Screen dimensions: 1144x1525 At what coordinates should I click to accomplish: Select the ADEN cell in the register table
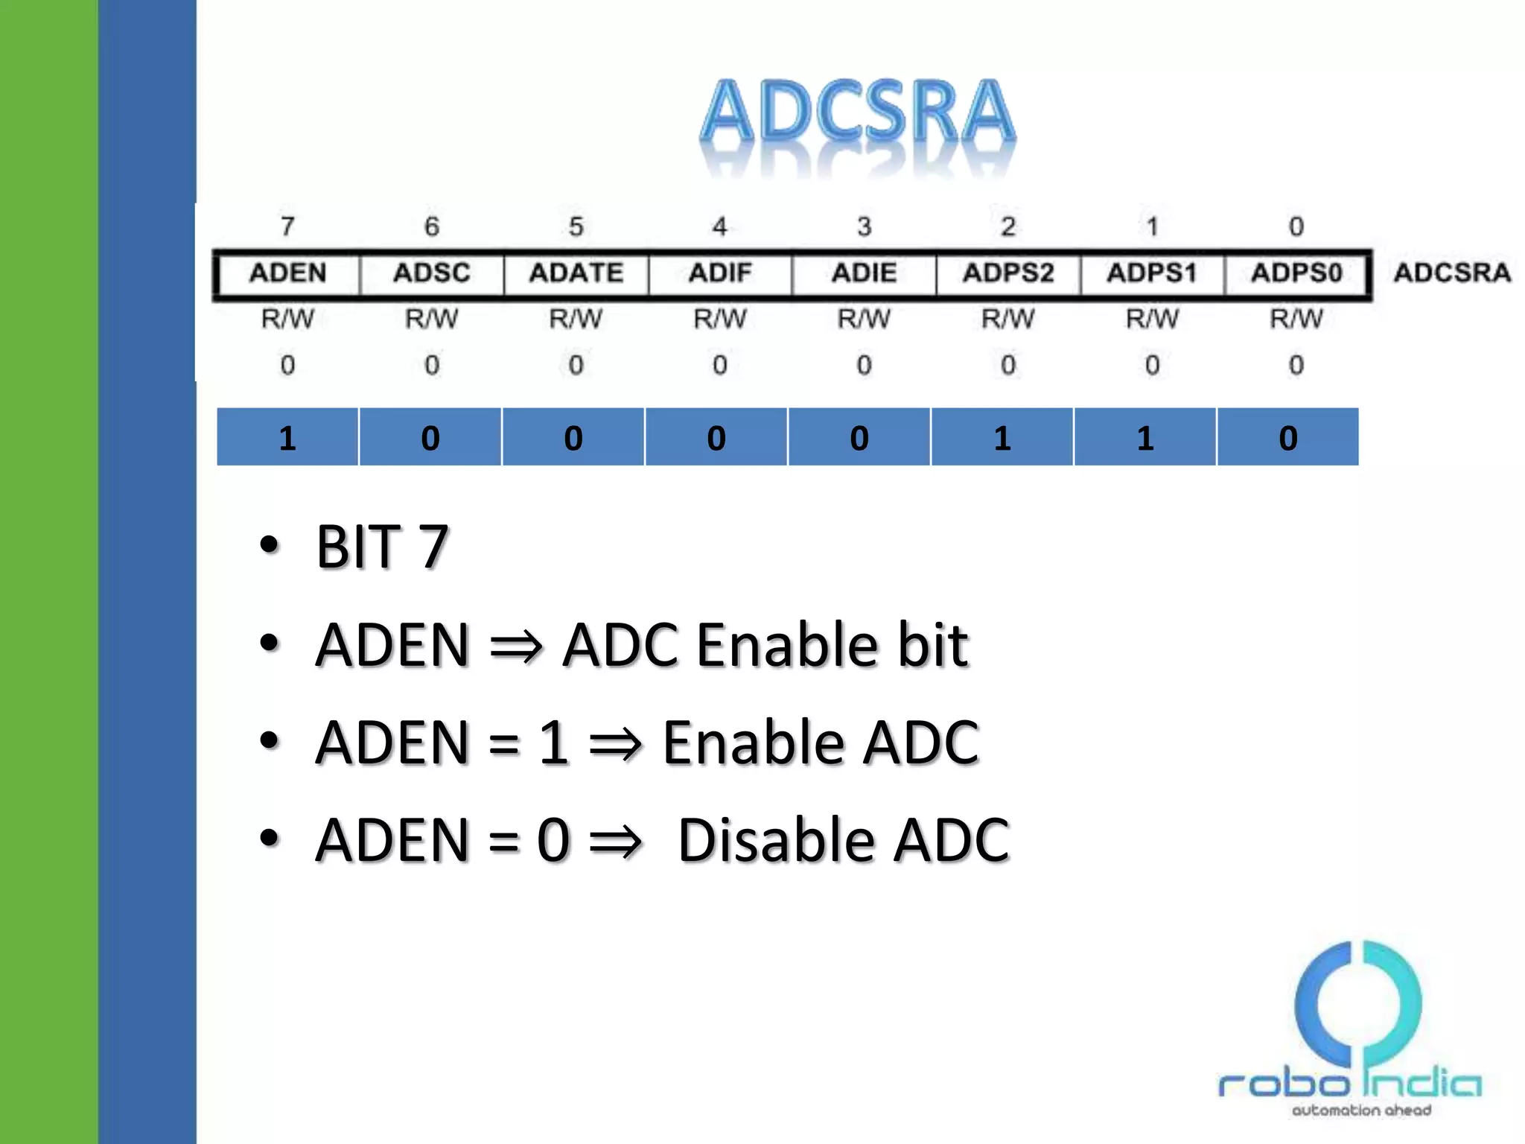tap(287, 273)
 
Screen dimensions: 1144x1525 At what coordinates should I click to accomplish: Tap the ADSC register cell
tap(432, 273)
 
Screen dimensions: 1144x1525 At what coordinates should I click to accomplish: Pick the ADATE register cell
tap(576, 273)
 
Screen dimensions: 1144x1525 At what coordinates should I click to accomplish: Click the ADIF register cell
tap(719, 273)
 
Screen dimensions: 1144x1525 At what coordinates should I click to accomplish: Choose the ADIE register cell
tap(864, 273)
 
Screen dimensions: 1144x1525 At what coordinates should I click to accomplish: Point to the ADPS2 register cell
tap(1007, 273)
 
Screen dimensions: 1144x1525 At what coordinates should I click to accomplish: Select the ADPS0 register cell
tap(1296, 273)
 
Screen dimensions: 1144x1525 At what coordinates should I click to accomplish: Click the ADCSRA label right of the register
tap(1452, 273)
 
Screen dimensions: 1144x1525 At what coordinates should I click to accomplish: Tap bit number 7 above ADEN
tap(287, 226)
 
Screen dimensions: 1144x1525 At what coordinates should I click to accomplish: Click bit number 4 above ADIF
tap(719, 226)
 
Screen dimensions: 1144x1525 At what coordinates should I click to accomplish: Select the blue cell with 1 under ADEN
tap(287, 438)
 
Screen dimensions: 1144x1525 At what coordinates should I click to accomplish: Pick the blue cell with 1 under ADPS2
tap(1002, 438)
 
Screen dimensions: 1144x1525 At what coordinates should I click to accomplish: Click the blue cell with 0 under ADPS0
tap(1288, 438)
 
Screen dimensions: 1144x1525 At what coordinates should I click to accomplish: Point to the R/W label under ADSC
tap(432, 319)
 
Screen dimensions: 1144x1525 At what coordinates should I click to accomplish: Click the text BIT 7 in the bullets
tap(382, 547)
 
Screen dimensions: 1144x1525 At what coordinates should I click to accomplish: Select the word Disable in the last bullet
tap(776, 840)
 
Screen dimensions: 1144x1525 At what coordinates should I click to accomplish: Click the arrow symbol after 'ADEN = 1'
tap(615, 743)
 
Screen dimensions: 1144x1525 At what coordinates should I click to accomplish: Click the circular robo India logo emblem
tap(1357, 1005)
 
